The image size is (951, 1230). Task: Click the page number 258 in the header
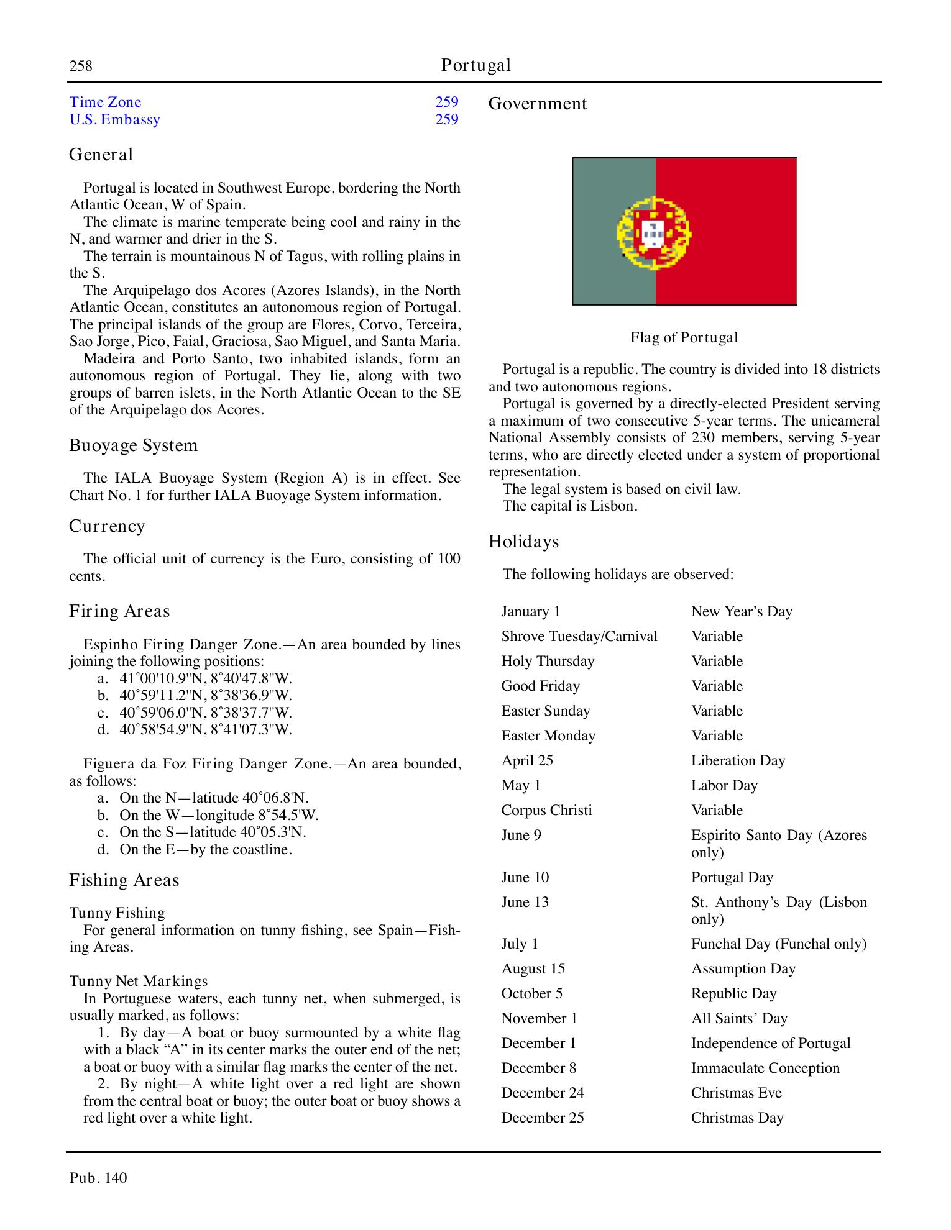[81, 66]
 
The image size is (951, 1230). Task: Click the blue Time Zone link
[105, 102]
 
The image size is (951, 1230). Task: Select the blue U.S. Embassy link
[114, 119]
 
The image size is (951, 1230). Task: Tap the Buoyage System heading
[133, 445]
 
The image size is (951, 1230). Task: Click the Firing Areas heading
[119, 611]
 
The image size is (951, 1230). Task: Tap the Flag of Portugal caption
[684, 338]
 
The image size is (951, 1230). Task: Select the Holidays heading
[523, 542]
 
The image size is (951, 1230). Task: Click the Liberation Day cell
[738, 760]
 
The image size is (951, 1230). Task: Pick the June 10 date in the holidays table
[525, 877]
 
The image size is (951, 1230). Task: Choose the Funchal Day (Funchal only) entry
[778, 944]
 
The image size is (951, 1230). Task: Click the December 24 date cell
[542, 1093]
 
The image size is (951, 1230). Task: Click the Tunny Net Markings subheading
[138, 981]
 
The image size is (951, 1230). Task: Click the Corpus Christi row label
[546, 810]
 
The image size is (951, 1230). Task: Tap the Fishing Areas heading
[124, 880]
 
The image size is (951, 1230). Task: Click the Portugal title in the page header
[475, 65]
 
